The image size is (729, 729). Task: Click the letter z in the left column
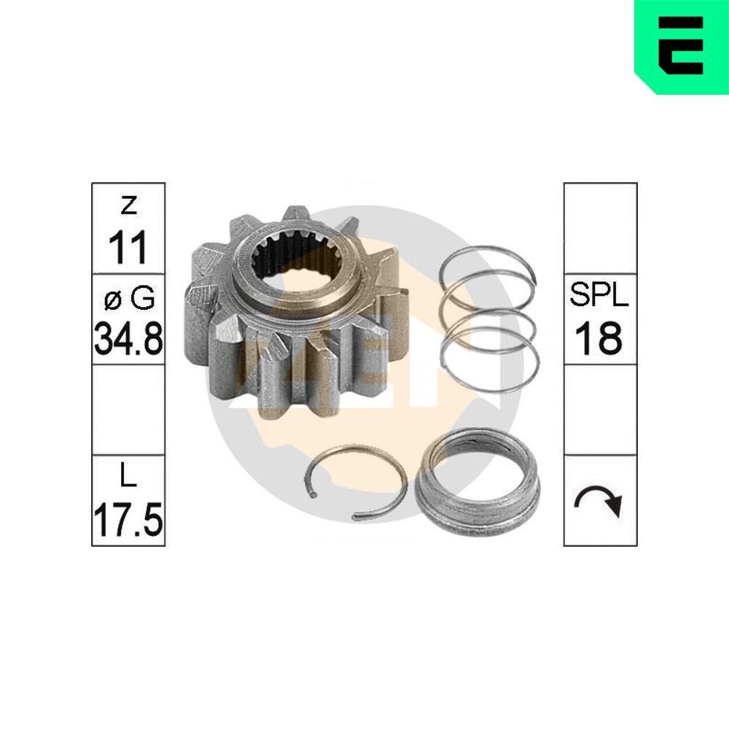(x=128, y=207)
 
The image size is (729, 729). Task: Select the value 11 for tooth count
(x=128, y=248)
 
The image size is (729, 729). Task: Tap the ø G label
(x=128, y=297)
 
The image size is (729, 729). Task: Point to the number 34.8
(x=128, y=339)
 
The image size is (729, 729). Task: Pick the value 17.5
(x=128, y=519)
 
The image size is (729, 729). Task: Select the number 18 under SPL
(x=599, y=339)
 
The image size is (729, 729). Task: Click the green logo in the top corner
(x=681, y=46)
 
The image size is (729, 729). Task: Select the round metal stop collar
(x=477, y=485)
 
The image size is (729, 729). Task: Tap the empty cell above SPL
(x=599, y=228)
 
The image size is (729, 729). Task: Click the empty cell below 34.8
(x=128, y=410)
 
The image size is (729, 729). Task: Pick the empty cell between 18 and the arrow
(x=599, y=410)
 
